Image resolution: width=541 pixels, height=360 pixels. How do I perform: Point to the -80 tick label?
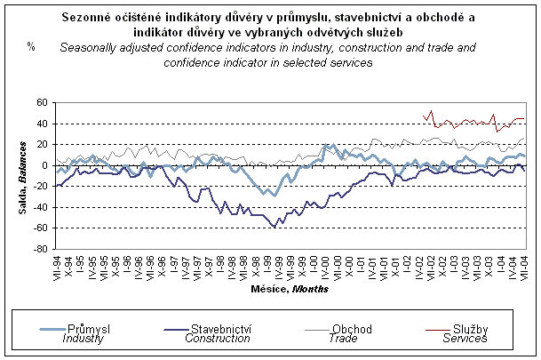(x=41, y=249)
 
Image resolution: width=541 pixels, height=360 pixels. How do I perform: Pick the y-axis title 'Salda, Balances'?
(x=21, y=175)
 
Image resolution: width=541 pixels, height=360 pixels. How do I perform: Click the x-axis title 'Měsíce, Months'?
(x=290, y=288)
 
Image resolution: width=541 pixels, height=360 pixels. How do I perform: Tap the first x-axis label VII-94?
(x=57, y=266)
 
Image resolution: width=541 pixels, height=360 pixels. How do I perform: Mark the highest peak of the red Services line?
(x=431, y=111)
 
